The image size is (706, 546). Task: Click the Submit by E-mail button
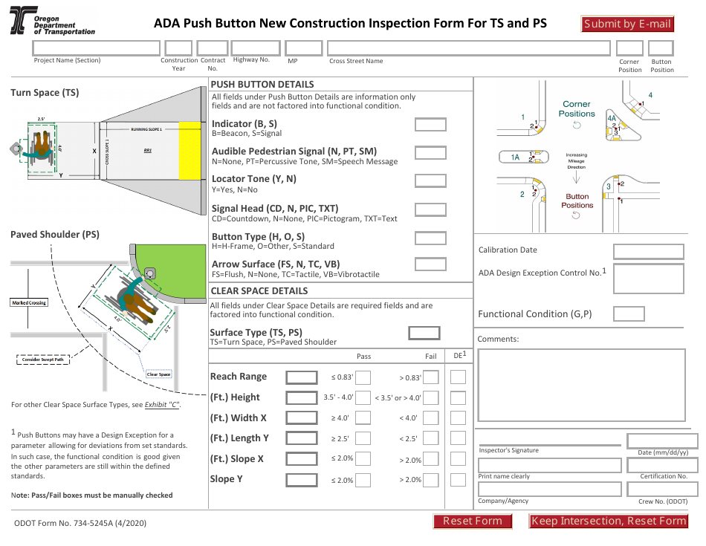click(627, 24)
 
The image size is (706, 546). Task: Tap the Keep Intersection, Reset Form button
click(608, 521)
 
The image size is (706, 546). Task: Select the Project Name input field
click(97, 48)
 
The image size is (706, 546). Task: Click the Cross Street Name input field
click(469, 48)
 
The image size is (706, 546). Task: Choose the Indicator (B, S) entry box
click(430, 125)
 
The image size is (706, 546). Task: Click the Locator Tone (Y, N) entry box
click(430, 180)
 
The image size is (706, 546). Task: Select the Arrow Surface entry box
click(430, 264)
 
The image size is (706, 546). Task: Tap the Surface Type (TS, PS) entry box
click(424, 333)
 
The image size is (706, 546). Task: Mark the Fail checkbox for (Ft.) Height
click(431, 397)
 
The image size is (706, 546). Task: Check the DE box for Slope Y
click(458, 480)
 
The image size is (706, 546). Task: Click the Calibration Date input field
click(648, 251)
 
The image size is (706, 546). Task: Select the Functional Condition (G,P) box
click(629, 313)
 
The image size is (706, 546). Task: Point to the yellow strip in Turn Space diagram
click(190, 150)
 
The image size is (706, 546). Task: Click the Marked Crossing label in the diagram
click(28, 302)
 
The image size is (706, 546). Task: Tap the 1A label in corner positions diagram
click(515, 157)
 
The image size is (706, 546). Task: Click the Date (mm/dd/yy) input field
click(662, 441)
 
